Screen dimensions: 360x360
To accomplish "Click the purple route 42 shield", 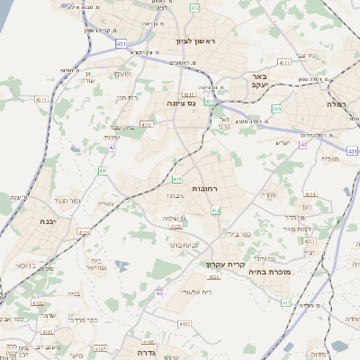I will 112,147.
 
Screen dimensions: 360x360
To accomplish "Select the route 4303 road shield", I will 146,125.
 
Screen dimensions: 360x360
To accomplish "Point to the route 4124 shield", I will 84,232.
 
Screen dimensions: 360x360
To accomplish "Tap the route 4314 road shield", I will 309,193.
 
